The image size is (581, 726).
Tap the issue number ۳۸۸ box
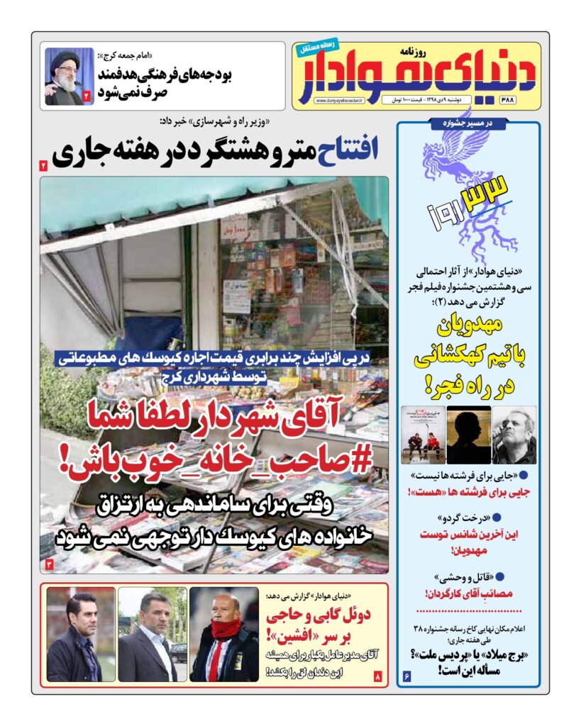point(526,100)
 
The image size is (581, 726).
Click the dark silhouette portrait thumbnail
point(467,434)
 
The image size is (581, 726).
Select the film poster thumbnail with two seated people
point(424,434)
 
